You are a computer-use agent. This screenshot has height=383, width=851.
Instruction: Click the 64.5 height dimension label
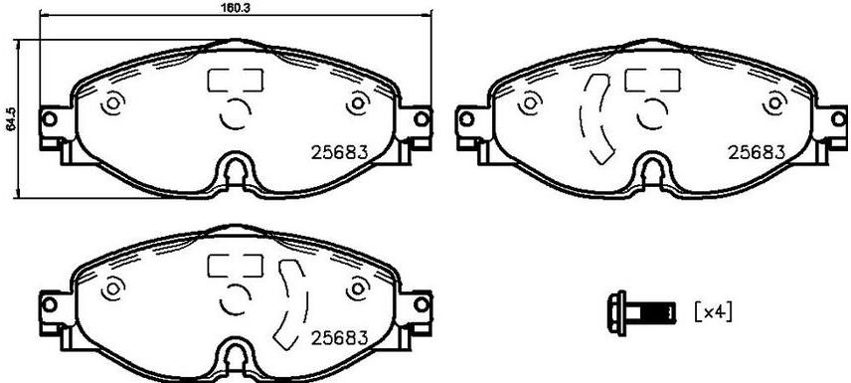coord(10,118)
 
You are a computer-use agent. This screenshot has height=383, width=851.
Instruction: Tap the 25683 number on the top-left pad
coord(339,152)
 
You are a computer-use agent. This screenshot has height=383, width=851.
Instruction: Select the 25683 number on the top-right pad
coord(756,152)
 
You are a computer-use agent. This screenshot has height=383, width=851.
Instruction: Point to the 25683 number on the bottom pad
coord(339,338)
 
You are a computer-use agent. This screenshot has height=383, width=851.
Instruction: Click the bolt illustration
coord(642,312)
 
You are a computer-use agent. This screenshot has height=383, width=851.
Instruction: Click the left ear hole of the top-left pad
coord(49,118)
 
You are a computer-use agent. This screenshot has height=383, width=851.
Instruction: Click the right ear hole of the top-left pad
coord(422,118)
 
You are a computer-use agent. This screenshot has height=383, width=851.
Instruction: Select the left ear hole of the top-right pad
coord(465,118)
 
